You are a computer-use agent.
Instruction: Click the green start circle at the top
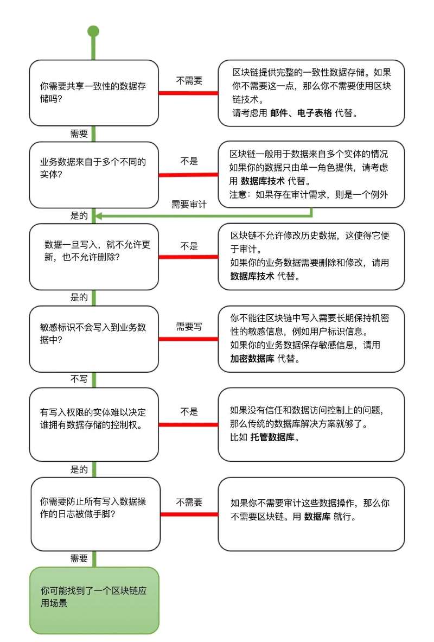(93, 31)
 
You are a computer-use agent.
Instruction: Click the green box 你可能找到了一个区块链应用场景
(94, 600)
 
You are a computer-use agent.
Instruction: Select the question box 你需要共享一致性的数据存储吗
(94, 93)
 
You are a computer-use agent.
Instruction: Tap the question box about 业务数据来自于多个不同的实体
(94, 175)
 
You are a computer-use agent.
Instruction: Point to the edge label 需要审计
(189, 204)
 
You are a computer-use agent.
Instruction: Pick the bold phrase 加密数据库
(252, 359)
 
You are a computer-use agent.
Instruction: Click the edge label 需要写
(189, 327)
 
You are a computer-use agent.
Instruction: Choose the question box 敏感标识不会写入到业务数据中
(94, 339)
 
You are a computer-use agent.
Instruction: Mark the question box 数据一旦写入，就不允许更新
(94, 256)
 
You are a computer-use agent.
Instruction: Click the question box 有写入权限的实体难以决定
(94, 424)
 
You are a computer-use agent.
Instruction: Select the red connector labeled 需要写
(188, 339)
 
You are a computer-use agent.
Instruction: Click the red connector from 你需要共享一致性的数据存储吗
(188, 93)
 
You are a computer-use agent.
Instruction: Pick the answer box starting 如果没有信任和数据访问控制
(311, 424)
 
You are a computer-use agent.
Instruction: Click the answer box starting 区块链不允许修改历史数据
(311, 256)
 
